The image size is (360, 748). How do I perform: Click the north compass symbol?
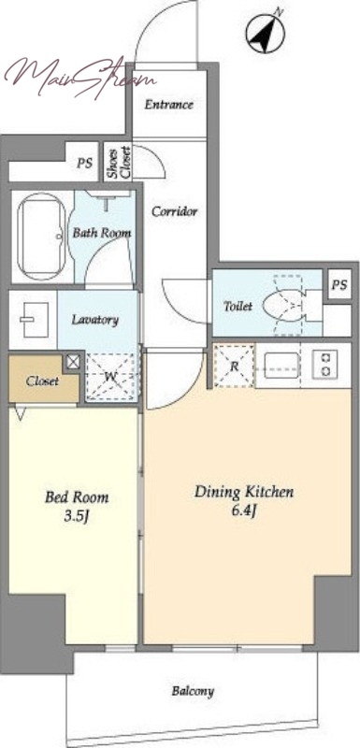pos(266,34)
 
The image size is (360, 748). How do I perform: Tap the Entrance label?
pos(169,105)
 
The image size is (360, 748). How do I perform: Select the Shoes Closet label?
pos(118,162)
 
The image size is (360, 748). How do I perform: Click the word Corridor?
pos(174,211)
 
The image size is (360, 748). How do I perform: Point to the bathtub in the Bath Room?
pos(41,237)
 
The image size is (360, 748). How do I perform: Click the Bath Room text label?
pos(102,233)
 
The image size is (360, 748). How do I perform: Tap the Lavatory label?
pos(94,320)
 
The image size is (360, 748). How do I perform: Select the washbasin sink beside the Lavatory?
pos(34,320)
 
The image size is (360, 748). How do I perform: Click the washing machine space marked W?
pos(112,377)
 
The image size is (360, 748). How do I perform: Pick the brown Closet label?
pos(42,381)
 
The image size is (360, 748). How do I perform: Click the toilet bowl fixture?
pos(282,306)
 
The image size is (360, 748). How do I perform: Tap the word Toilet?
pos(238,307)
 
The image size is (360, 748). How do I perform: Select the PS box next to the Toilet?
pos(339,286)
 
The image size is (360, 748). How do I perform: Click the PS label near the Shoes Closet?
pos(84,163)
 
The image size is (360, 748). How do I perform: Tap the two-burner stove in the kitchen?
pos(325,364)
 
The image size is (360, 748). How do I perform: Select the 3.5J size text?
pos(77,517)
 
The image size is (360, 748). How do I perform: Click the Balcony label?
pos(193,691)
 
